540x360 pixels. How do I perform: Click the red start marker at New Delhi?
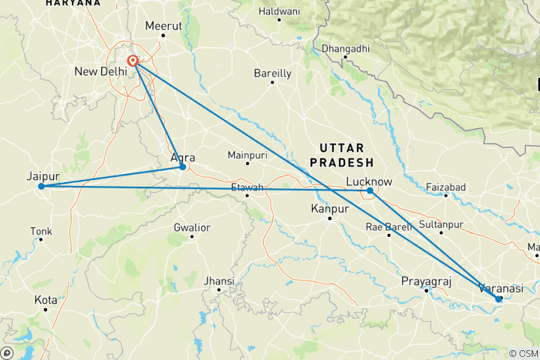point(133,61)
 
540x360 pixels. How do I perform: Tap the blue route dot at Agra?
point(182,166)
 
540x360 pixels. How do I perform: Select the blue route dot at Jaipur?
point(42,186)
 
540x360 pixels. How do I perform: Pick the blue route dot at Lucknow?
point(370,190)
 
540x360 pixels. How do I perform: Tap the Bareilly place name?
point(272,73)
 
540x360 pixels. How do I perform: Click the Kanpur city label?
point(330,208)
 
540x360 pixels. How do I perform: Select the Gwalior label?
point(191,227)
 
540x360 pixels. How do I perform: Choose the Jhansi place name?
point(219,281)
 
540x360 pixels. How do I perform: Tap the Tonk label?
point(40,230)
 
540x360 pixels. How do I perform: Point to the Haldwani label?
point(279,10)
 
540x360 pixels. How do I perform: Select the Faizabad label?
point(445,186)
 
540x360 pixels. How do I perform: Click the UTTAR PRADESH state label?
point(345,155)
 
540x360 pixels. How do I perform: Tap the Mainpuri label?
point(247,155)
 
